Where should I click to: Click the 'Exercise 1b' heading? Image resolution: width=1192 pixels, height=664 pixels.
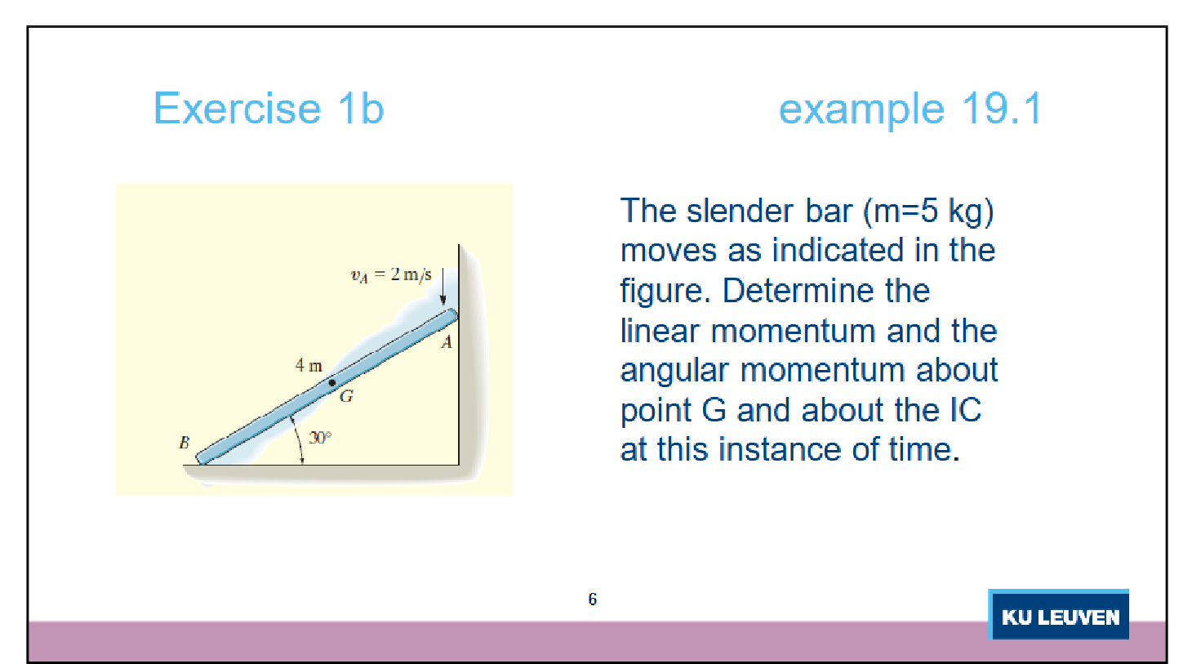pyautogui.click(x=269, y=109)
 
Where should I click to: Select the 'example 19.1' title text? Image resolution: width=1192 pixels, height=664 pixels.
pyautogui.click(x=910, y=109)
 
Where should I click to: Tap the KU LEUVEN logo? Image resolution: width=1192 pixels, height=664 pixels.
pyautogui.click(x=1059, y=616)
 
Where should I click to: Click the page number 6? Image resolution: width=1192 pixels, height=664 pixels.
pyautogui.click(x=593, y=599)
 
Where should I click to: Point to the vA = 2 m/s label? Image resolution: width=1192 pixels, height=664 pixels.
pyautogui.click(x=390, y=274)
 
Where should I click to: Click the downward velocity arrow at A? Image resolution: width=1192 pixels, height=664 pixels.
pyautogui.click(x=443, y=287)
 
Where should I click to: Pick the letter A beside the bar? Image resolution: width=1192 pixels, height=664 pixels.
pyautogui.click(x=447, y=342)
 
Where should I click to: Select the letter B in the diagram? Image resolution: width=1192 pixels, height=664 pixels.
pyautogui.click(x=184, y=443)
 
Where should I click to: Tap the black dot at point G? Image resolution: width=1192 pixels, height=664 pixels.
pyautogui.click(x=332, y=382)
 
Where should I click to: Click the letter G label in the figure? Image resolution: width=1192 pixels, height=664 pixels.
pyautogui.click(x=346, y=397)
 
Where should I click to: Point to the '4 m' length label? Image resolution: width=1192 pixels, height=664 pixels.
pyautogui.click(x=309, y=365)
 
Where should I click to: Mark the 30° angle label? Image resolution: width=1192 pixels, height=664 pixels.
pyautogui.click(x=320, y=438)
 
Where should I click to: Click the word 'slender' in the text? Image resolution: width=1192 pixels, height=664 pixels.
pyautogui.click(x=740, y=211)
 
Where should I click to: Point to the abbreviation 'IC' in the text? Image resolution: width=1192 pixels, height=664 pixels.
pyautogui.click(x=965, y=410)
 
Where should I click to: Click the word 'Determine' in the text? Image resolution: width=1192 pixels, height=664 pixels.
pyautogui.click(x=826, y=291)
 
